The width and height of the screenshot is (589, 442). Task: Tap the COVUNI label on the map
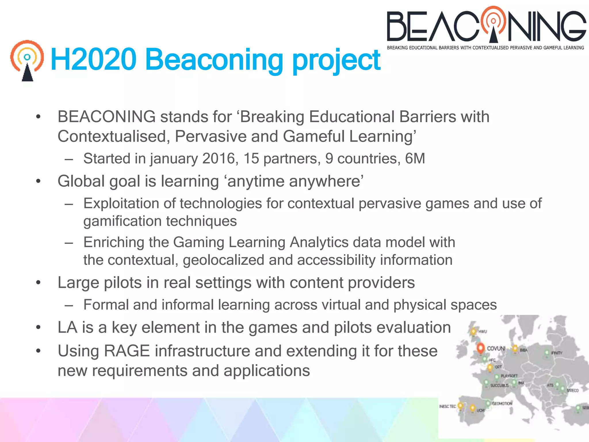click(x=496, y=348)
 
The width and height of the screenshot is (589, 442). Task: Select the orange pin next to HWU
click(x=473, y=331)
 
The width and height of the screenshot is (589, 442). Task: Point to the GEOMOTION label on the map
click(x=502, y=403)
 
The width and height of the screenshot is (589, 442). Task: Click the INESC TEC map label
click(x=448, y=406)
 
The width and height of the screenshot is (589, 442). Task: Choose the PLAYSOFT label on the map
click(x=509, y=376)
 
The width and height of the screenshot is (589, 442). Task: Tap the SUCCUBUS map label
click(x=500, y=385)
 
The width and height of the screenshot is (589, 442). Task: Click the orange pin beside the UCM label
click(x=472, y=408)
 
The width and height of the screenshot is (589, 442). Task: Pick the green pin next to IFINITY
click(x=547, y=353)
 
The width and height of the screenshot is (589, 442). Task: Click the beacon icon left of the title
click(x=27, y=60)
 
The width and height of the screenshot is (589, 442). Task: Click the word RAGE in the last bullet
click(x=127, y=351)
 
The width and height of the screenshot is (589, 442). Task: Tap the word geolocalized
click(x=223, y=260)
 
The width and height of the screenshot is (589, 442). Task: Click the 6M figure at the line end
click(x=415, y=159)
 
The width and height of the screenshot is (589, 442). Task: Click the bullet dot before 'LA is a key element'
click(x=38, y=327)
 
